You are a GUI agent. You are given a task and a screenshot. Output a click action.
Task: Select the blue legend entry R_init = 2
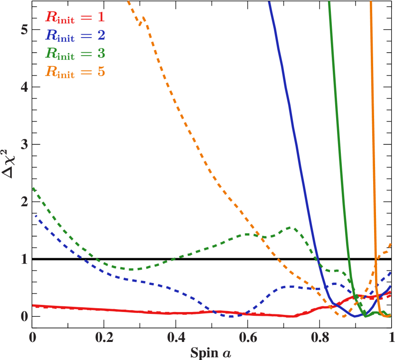coord(75,35)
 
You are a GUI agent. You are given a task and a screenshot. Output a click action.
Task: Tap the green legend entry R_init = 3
coord(75,53)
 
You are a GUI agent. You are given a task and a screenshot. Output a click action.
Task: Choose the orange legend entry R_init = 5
coord(75,72)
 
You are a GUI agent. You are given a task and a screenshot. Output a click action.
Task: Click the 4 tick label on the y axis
coord(24,87)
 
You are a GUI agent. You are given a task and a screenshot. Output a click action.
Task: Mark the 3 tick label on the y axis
coord(24,144)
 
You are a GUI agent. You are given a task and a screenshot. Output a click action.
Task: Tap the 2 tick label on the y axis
coord(24,202)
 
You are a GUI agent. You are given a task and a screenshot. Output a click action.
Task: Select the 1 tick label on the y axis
coord(24,259)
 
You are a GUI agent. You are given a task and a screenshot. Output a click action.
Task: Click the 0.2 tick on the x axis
coord(104,337)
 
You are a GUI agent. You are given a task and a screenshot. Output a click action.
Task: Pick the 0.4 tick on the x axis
coord(176,337)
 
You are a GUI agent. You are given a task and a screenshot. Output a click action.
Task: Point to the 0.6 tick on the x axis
coord(248,337)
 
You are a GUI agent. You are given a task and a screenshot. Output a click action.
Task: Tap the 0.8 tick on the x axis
coord(320,337)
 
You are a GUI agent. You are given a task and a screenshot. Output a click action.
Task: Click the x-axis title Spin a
coord(211,352)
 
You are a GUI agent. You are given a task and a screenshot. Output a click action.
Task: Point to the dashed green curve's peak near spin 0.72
coord(291,227)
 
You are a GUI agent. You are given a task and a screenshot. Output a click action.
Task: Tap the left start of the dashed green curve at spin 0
coord(33,188)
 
